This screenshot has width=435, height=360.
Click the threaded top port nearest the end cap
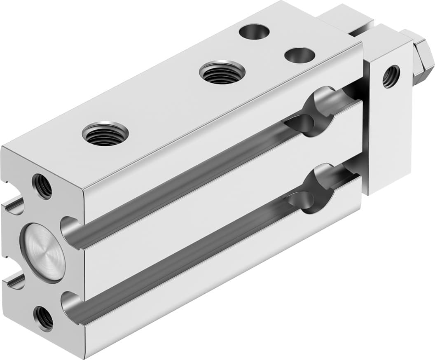click(105, 133)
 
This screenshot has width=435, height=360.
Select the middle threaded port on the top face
click(222, 72)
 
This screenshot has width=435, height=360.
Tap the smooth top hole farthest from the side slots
click(254, 31)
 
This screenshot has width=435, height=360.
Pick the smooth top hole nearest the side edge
click(299, 55)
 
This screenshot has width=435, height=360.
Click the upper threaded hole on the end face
click(42, 187)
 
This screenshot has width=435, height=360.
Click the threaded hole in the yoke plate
click(391, 77)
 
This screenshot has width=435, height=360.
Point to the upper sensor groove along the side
click(185, 177)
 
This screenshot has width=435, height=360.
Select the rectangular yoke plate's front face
click(389, 124)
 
